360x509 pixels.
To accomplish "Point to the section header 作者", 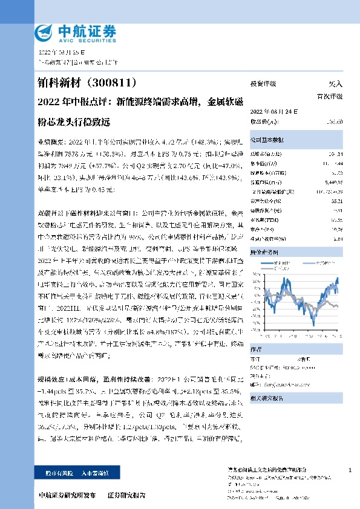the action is click(256, 349).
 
